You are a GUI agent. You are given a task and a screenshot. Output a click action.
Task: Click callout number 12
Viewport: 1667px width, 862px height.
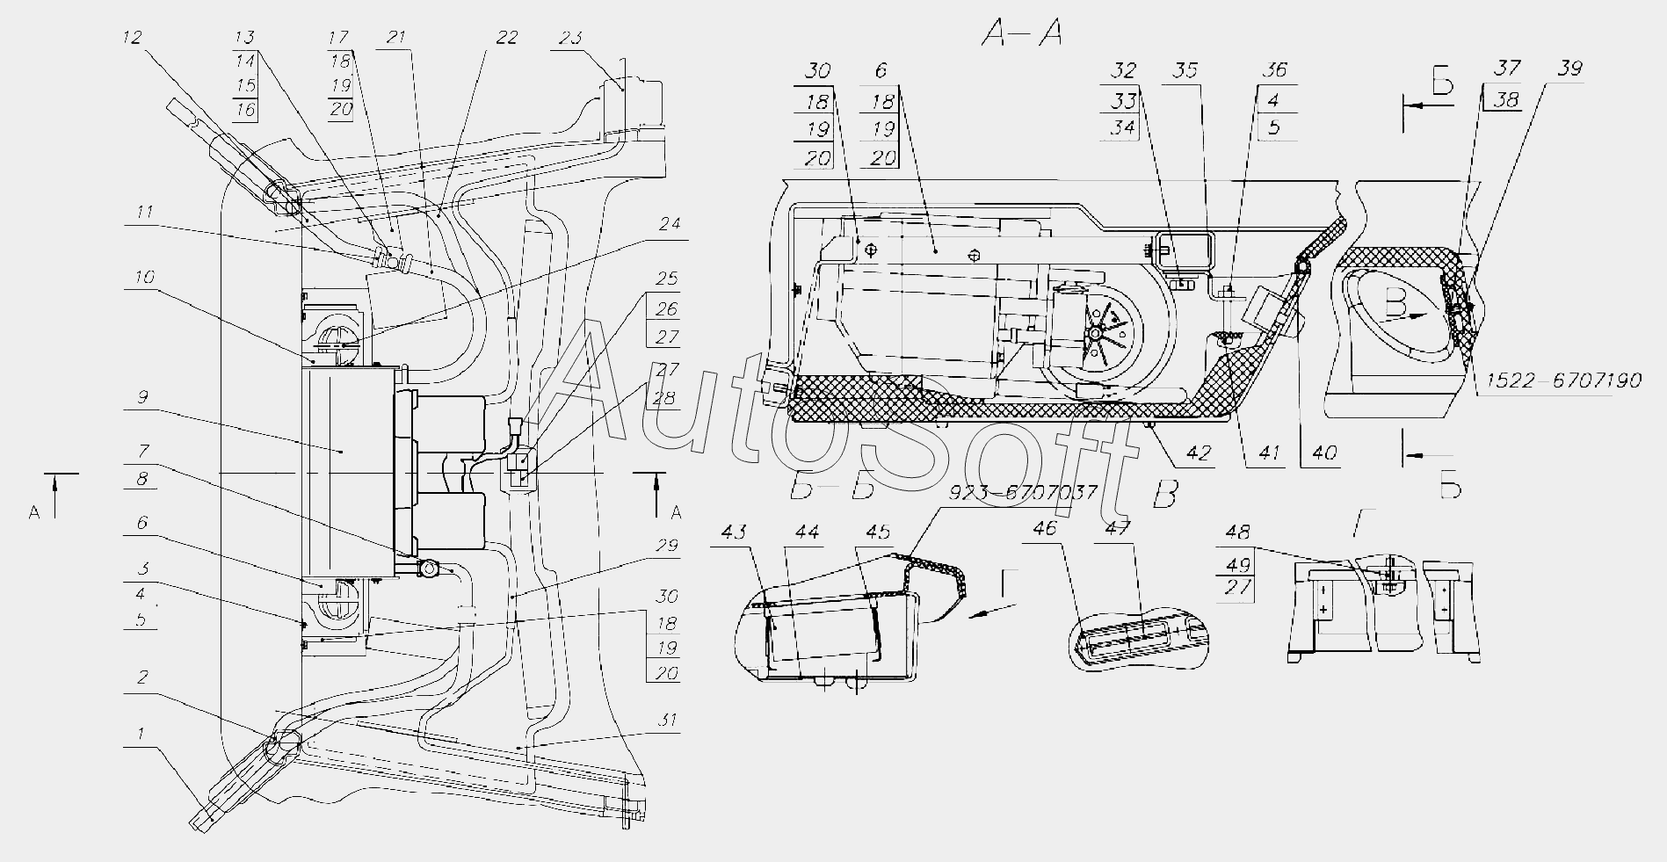pyautogui.click(x=131, y=37)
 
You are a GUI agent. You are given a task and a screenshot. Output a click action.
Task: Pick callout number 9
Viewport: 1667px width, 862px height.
pyautogui.click(x=142, y=397)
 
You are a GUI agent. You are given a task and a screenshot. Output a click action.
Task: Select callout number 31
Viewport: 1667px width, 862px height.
pyautogui.click(x=670, y=721)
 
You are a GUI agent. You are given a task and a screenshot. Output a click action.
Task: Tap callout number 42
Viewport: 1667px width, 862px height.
pyautogui.click(x=1198, y=453)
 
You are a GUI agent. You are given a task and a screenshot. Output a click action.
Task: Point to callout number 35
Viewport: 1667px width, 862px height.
pyautogui.click(x=1186, y=71)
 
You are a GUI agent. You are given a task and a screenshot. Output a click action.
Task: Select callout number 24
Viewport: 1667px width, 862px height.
pyautogui.click(x=670, y=224)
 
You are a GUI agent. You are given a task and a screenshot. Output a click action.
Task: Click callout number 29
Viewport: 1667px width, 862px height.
pyautogui.click(x=667, y=546)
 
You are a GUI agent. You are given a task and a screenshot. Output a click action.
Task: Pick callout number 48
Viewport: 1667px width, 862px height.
pyautogui.click(x=1241, y=532)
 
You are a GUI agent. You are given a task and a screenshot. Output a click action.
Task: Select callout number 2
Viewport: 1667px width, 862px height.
pyautogui.click(x=141, y=677)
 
